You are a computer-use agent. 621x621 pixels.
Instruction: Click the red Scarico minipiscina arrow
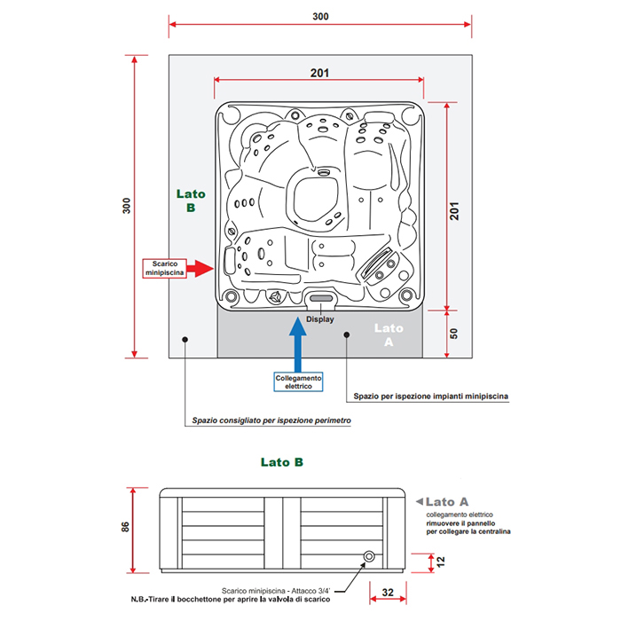click(200, 267)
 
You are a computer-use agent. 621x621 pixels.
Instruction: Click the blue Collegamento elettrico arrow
click(299, 342)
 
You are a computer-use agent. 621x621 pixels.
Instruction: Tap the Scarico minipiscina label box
click(164, 267)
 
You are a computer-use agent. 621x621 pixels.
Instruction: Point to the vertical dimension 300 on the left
click(125, 206)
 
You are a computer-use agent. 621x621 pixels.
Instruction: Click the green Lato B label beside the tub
click(191, 201)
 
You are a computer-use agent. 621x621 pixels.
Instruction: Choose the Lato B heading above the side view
click(282, 462)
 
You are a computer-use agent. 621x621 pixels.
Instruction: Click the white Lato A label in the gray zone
click(388, 334)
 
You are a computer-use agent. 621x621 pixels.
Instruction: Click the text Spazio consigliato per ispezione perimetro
click(271, 421)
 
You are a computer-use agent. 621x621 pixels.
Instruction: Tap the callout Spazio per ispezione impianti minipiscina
click(430, 397)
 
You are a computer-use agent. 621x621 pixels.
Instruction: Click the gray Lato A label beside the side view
click(448, 501)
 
